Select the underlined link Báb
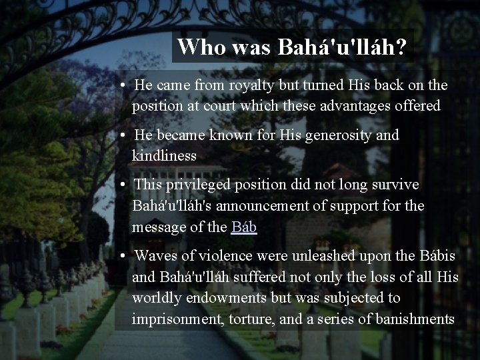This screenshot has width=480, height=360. pyautogui.click(x=244, y=227)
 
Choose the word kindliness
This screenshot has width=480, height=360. pyautogui.click(x=164, y=156)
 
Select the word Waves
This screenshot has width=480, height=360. pyautogui.click(x=155, y=255)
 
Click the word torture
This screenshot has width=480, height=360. pyautogui.click(x=253, y=318)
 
